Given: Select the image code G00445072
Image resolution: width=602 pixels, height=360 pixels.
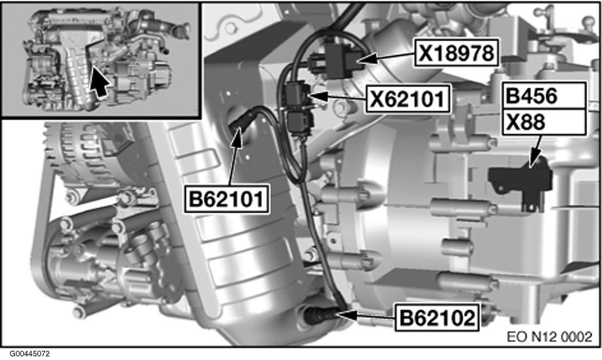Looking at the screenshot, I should [29, 354].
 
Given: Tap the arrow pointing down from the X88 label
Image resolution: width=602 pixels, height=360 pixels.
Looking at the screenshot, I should [535, 155].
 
